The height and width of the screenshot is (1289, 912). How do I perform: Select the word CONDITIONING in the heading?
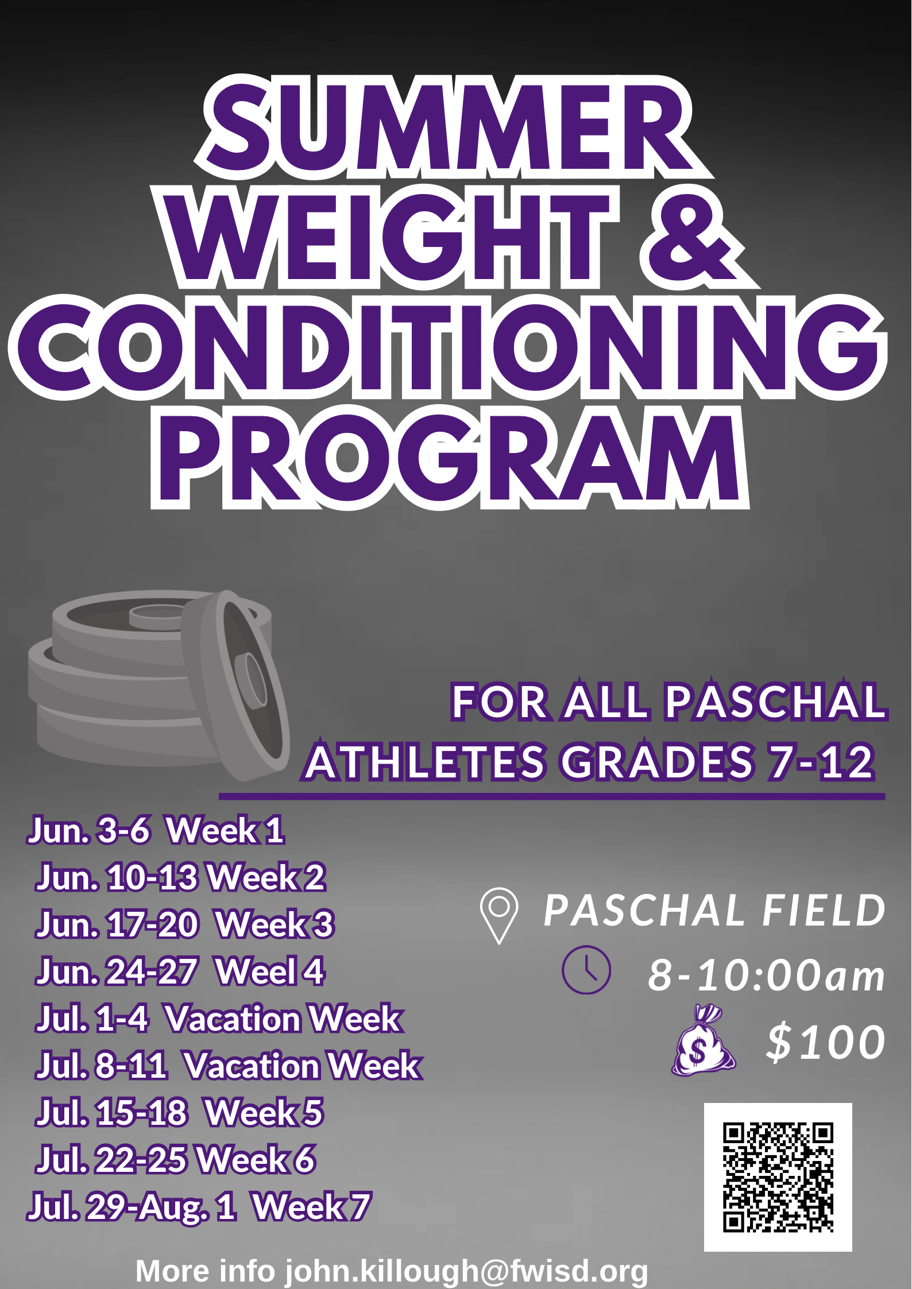(x=448, y=347)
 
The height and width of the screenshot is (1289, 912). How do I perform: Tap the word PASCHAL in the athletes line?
(x=775, y=702)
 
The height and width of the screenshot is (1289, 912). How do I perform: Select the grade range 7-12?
(x=821, y=762)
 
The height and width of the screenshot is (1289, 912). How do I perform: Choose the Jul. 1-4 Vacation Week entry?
(x=218, y=1019)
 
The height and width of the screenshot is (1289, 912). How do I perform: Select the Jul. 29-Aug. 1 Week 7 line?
(x=199, y=1207)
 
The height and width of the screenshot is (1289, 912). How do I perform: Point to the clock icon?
(x=586, y=970)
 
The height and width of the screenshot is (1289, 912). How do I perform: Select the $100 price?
(x=826, y=1042)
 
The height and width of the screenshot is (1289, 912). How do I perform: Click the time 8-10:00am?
(x=766, y=976)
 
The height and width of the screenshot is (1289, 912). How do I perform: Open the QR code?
(x=778, y=1177)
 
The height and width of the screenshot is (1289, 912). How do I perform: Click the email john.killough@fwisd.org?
(x=466, y=1271)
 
